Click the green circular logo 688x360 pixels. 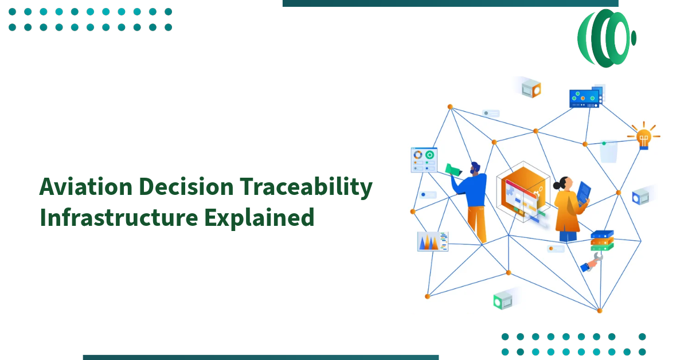(605, 38)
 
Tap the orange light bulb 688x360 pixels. (643, 136)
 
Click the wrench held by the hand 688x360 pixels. (596, 260)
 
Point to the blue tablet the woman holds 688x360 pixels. (584, 194)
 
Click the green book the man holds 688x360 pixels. (454, 169)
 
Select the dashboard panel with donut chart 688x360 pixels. (424, 160)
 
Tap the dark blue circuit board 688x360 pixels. (584, 98)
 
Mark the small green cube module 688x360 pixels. (502, 300)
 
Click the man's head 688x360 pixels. (475, 169)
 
